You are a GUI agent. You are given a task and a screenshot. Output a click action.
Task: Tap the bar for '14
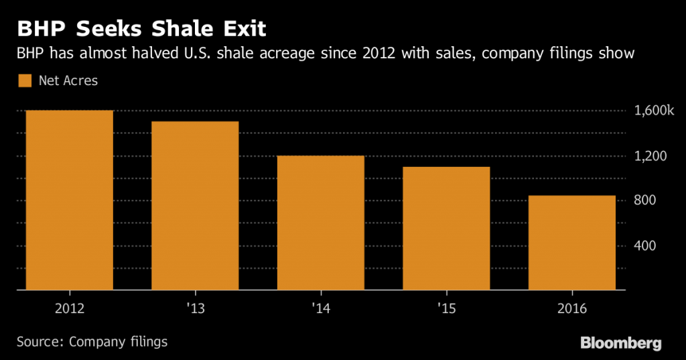(321, 223)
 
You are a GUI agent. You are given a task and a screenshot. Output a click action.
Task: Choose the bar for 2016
(572, 243)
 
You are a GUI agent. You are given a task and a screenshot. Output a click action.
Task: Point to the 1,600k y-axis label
(653, 111)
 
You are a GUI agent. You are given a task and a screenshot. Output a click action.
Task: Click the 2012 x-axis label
(69, 309)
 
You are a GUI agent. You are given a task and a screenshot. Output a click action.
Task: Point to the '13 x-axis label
(195, 309)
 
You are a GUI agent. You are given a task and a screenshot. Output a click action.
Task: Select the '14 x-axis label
(321, 309)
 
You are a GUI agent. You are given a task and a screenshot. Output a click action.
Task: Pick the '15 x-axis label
(446, 309)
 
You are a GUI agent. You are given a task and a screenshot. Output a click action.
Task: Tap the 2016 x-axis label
(572, 309)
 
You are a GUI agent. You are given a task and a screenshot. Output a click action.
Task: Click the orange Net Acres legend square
(25, 81)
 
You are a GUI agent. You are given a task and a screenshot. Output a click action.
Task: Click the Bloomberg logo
(620, 343)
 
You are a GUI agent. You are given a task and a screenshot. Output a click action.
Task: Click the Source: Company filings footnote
(92, 342)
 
